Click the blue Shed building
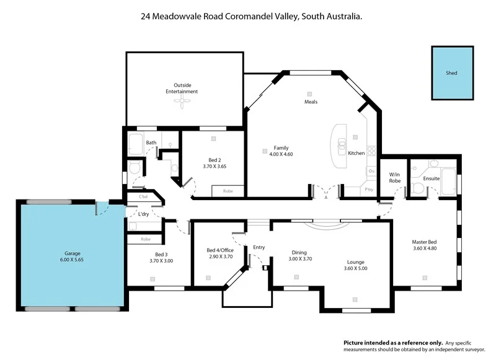click(x=452, y=72)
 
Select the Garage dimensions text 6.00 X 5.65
click(x=73, y=260)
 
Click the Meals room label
click(x=311, y=102)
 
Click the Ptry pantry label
click(x=368, y=190)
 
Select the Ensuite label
click(x=431, y=178)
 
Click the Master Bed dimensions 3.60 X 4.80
click(x=424, y=248)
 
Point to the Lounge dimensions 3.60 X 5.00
click(x=356, y=268)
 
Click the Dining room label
click(x=299, y=252)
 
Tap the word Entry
click(x=259, y=248)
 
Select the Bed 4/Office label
click(x=219, y=250)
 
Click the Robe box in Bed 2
click(x=228, y=191)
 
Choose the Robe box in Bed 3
click(x=146, y=239)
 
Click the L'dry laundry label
click(x=143, y=214)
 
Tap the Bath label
click(x=151, y=143)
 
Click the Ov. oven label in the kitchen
click(x=371, y=170)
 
